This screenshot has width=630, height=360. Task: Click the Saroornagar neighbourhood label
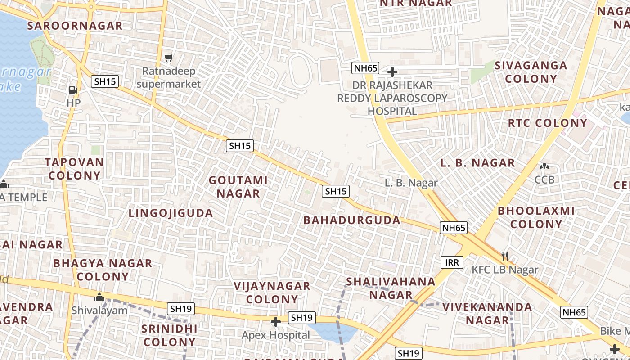click(x=75, y=26)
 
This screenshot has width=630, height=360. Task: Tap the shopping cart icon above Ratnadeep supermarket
click(x=169, y=57)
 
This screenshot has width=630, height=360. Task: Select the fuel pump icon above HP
click(x=73, y=90)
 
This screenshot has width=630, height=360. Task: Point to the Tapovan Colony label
click(x=74, y=169)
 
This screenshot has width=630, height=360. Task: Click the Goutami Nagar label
click(x=238, y=187)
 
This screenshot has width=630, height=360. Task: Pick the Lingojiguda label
click(x=171, y=213)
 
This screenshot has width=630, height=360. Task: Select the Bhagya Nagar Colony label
click(x=103, y=270)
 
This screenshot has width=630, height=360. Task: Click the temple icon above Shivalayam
click(x=99, y=297)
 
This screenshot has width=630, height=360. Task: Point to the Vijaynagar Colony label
click(x=272, y=292)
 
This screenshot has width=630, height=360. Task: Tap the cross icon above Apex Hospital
click(x=276, y=322)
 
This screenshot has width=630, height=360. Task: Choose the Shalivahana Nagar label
click(x=391, y=288)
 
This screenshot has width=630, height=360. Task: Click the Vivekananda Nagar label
click(x=487, y=314)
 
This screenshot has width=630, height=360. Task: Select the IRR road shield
click(x=451, y=262)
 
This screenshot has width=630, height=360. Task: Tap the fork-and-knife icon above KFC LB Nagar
click(x=505, y=256)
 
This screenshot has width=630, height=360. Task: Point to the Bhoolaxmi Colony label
click(x=536, y=217)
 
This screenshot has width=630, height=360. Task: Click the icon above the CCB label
click(x=544, y=166)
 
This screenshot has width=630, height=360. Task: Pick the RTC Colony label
click(x=548, y=123)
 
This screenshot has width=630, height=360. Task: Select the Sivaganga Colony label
click(x=531, y=72)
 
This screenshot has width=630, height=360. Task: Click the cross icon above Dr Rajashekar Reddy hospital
click(x=392, y=72)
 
